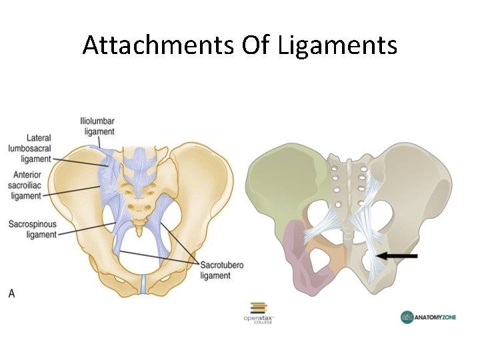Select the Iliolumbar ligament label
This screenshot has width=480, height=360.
coord(98,126)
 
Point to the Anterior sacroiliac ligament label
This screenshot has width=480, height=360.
coord(26,185)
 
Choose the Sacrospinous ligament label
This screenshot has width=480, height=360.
coord(33,229)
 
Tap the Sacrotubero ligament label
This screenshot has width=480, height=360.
coord(222,270)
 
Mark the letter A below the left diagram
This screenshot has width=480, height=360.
coord(11,293)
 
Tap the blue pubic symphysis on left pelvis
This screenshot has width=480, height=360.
coord(143,285)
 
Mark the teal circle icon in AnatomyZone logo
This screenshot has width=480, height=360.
coord(407,317)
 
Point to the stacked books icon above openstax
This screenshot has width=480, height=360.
coord(258,307)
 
